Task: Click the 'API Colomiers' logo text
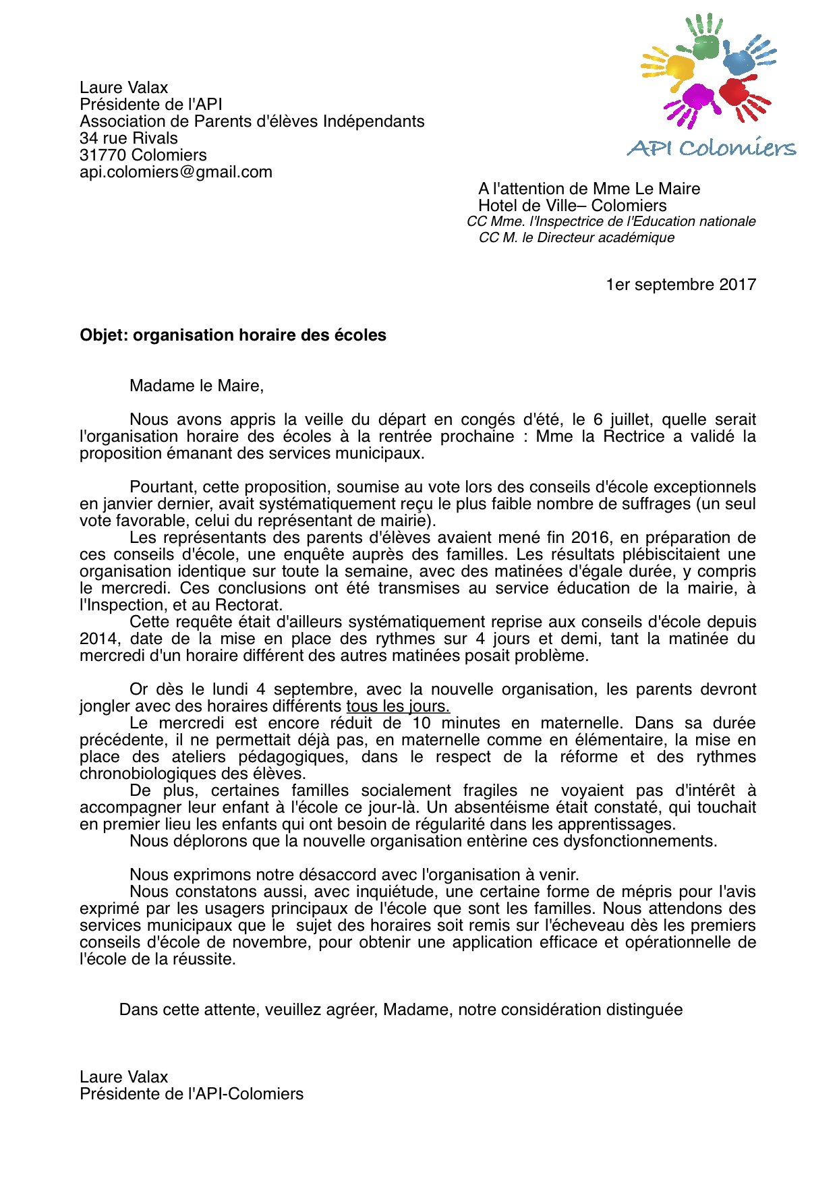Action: pos(712,148)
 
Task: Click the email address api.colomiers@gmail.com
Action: pos(176,172)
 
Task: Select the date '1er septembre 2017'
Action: pos(681,285)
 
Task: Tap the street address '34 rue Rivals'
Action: pos(129,138)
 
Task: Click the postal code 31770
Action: pos(103,155)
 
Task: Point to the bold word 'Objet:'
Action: pos(104,335)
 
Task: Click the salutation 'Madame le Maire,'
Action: pos(196,386)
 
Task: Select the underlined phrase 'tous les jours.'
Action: pos(398,706)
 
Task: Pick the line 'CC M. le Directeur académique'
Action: pos(576,237)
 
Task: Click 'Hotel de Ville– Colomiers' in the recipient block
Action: pos(572,206)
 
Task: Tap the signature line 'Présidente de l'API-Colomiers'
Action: pos(192,1094)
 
